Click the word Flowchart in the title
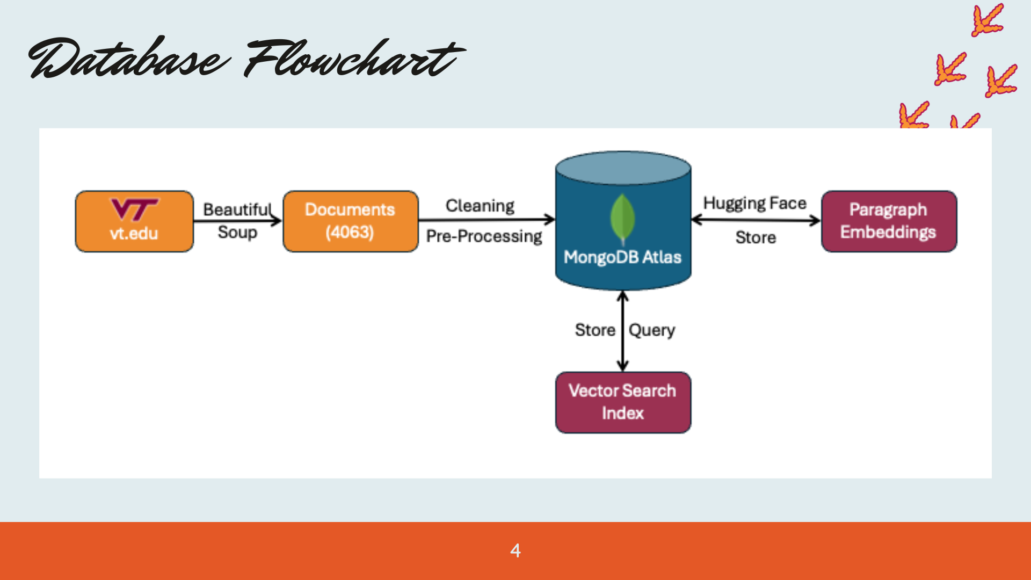[354, 58]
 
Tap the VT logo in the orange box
[134, 209]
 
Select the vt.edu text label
[134, 234]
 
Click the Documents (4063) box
[351, 221]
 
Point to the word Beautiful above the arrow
[237, 209]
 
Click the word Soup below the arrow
[237, 233]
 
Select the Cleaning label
[480, 206]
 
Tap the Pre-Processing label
[484, 236]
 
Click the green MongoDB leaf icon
[623, 219]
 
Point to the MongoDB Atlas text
[622, 257]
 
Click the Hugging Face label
[755, 204]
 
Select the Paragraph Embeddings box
[889, 221]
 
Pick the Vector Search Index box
[623, 402]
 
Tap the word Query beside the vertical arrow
[652, 330]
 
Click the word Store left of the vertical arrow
[595, 330]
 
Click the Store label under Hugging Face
[756, 237]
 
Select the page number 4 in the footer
[515, 550]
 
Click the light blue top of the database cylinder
[623, 168]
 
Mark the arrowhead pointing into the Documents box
[277, 220]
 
